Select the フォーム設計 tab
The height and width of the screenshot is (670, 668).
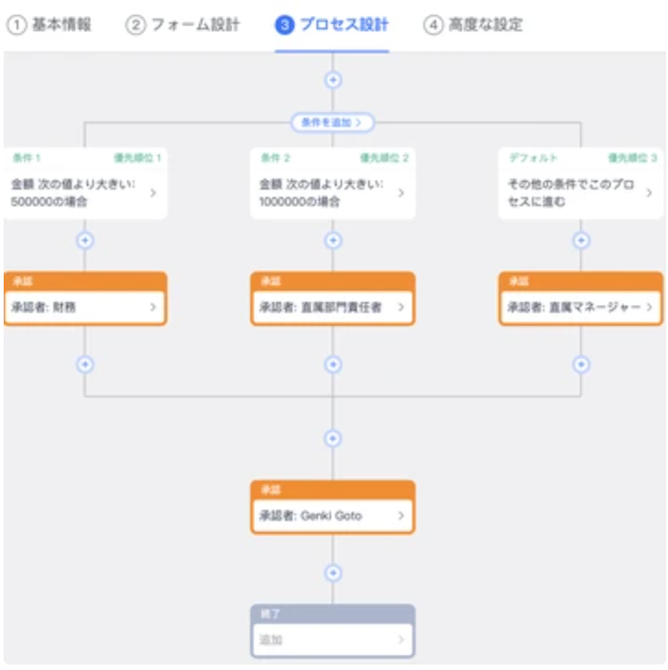point(183,25)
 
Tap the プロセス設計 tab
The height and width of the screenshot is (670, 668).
point(332,25)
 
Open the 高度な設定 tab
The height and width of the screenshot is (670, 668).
point(474,25)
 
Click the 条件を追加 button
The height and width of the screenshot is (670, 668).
point(333,121)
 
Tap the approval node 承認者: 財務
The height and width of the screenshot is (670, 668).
point(85,306)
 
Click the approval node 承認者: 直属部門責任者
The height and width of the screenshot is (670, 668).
point(332,306)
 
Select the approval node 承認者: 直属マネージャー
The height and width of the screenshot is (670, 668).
point(581,306)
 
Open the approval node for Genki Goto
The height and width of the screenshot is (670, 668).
point(332,515)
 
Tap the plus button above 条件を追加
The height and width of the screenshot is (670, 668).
point(333,79)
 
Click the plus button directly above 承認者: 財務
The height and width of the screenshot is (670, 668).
point(86,240)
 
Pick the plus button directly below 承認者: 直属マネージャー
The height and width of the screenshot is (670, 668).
point(581,364)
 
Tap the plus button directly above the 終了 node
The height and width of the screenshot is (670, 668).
point(333,572)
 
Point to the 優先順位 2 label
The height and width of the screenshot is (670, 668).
point(384,157)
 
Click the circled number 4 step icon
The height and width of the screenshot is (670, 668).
point(433,26)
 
